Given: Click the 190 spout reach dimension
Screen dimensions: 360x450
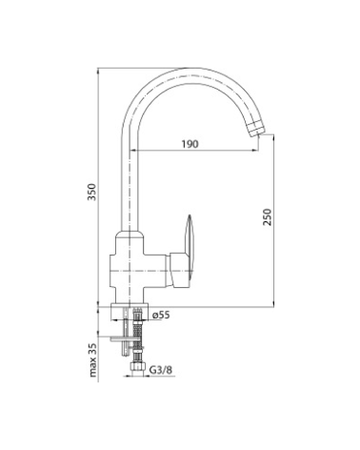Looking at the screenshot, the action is (190, 144).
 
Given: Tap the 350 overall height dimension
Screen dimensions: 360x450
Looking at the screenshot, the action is (91, 192).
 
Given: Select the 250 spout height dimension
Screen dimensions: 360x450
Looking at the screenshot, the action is (268, 217).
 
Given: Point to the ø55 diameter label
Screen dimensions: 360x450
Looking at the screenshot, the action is (161, 315).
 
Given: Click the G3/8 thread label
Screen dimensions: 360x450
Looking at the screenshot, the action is (161, 370).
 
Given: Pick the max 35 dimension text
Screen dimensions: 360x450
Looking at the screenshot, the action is (92, 360).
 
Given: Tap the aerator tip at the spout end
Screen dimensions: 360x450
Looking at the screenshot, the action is (256, 130).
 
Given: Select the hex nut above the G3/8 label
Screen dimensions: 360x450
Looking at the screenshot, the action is (137, 368).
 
